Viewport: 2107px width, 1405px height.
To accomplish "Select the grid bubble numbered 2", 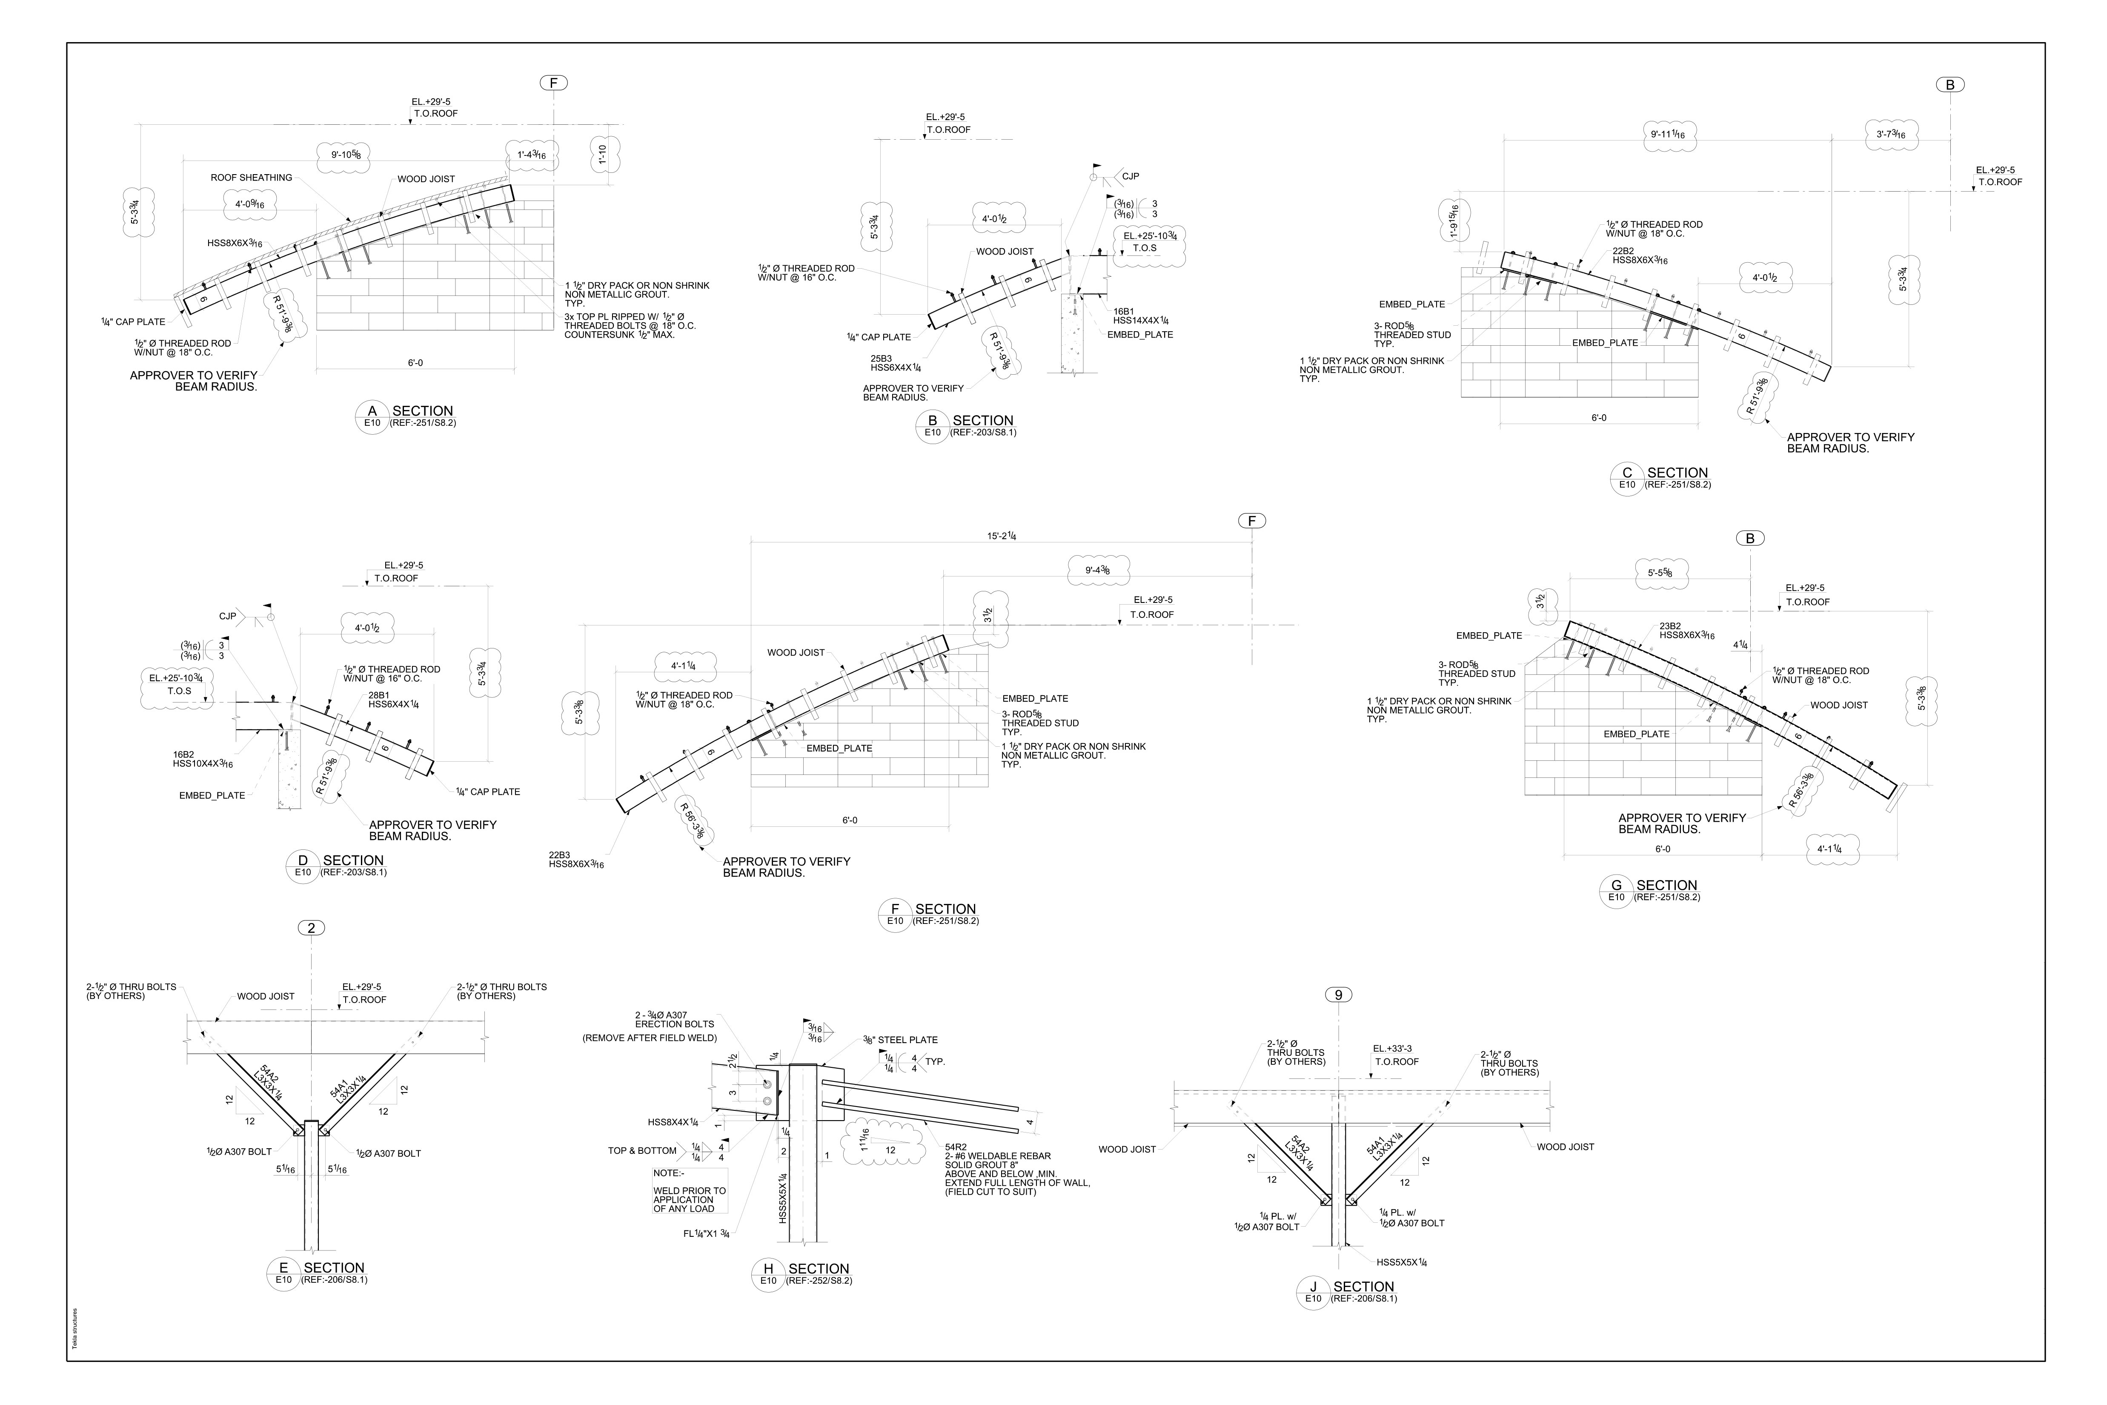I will (x=311, y=928).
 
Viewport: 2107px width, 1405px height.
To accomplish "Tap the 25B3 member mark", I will (x=881, y=358).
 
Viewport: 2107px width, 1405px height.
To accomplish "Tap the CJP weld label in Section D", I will (x=228, y=616).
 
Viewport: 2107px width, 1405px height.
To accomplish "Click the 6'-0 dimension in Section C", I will (x=1599, y=418).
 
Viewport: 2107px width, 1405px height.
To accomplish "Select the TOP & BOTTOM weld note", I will (x=642, y=1150).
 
